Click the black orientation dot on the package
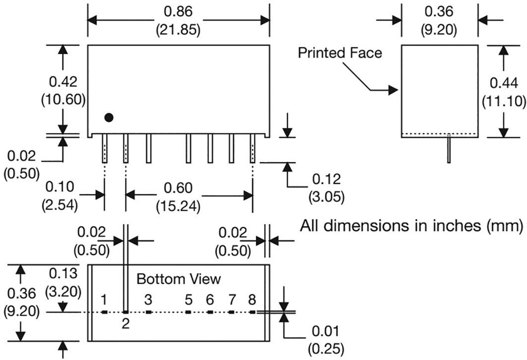109,117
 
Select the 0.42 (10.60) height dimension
63,91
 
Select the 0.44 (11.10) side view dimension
504,91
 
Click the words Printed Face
340,52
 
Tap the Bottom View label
179,279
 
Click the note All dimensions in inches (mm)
412,226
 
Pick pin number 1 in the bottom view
104,299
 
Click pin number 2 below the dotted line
126,323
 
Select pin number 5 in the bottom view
188,299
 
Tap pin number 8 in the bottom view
252,299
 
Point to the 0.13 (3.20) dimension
63,282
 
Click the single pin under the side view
449,150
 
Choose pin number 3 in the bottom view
148,299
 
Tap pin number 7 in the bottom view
232,299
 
